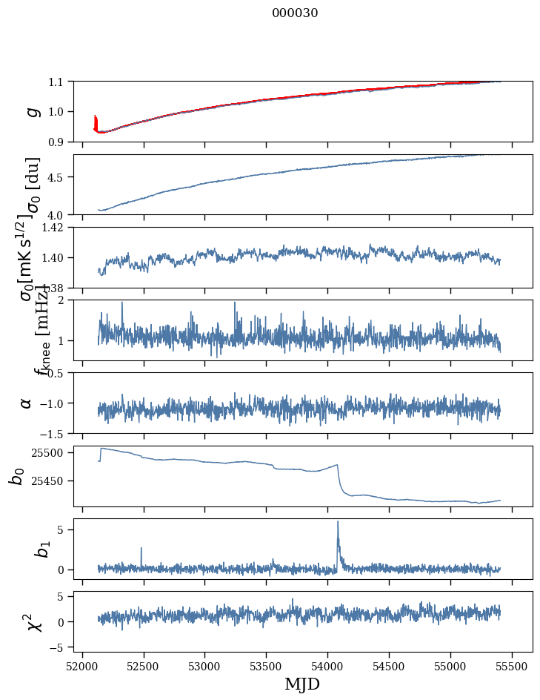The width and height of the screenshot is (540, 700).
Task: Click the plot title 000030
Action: coord(295,13)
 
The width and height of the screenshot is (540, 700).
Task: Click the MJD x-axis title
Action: coord(302,684)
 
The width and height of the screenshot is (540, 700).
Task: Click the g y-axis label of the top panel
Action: coord(31,111)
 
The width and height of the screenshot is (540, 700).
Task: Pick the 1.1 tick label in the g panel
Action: coord(57,82)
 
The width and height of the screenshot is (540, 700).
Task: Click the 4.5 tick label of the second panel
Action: coord(57,177)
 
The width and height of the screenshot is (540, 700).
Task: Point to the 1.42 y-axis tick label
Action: coord(54,228)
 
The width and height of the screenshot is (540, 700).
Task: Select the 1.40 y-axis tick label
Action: coord(54,258)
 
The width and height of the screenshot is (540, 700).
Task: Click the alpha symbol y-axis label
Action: coord(27,403)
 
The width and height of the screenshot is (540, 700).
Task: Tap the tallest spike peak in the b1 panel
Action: coord(338,521)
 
